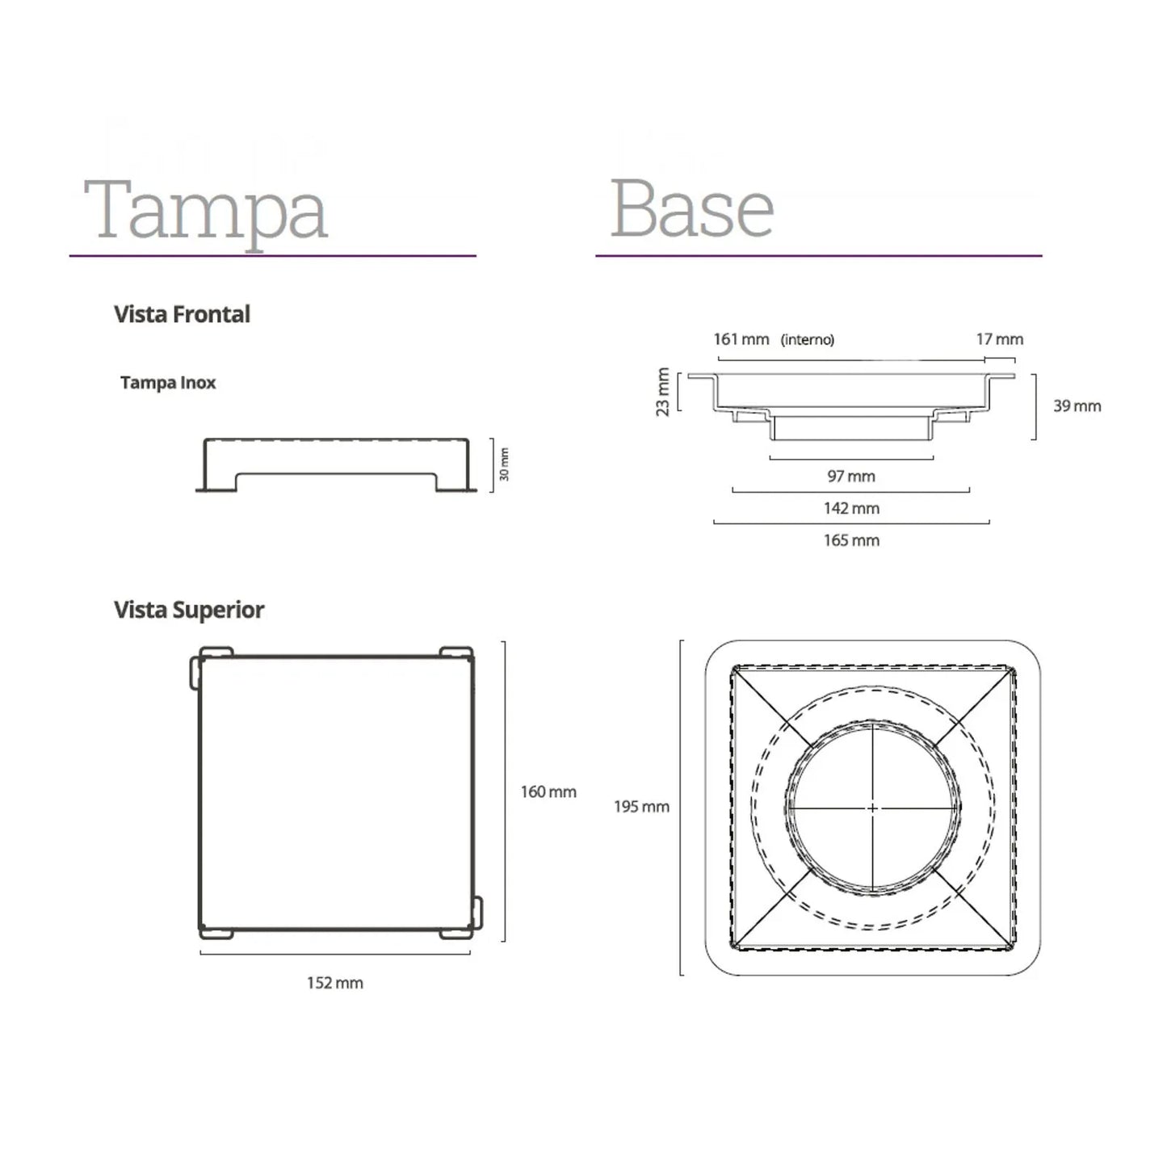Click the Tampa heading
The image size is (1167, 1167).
pyautogui.click(x=205, y=210)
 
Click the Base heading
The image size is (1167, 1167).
pyautogui.click(x=691, y=208)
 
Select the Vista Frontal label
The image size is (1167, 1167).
pyautogui.click(x=182, y=314)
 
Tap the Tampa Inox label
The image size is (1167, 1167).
pyautogui.click(x=168, y=383)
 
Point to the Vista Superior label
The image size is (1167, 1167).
pyautogui.click(x=189, y=610)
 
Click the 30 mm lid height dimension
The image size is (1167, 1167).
pyautogui.click(x=504, y=464)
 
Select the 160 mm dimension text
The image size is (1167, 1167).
pyautogui.click(x=548, y=792)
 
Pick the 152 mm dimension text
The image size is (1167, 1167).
pyautogui.click(x=334, y=983)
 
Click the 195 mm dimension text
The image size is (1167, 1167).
pyautogui.click(x=641, y=807)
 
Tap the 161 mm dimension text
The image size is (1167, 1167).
pyautogui.click(x=741, y=339)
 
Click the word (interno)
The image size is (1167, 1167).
pyautogui.click(x=807, y=340)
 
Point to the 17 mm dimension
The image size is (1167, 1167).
pyautogui.click(x=999, y=339)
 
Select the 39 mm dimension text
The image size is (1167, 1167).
pyautogui.click(x=1077, y=406)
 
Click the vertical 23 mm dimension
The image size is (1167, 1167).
pyautogui.click(x=663, y=392)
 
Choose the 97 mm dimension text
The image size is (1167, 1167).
pyautogui.click(x=851, y=476)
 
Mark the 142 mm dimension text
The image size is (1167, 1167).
pyautogui.click(x=851, y=509)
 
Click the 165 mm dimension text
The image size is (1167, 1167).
pyautogui.click(x=851, y=541)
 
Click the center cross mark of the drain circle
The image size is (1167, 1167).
pyautogui.click(x=872, y=808)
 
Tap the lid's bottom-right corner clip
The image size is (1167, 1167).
pyautogui.click(x=476, y=913)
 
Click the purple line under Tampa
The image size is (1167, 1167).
pyautogui.click(x=272, y=256)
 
